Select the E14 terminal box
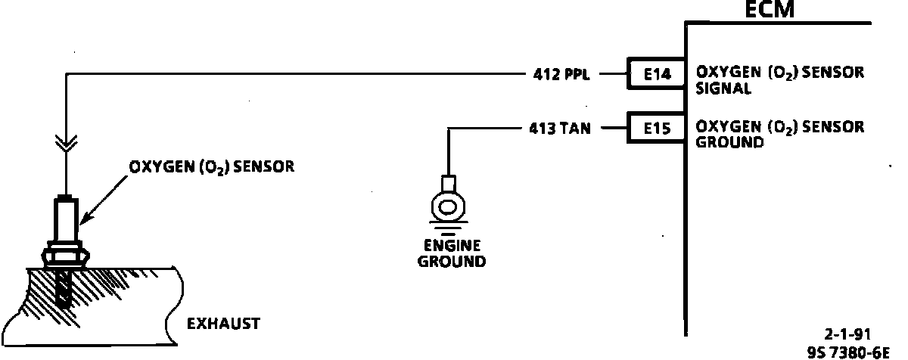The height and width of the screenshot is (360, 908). pyautogui.click(x=655, y=74)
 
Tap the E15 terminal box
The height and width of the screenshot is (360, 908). pyautogui.click(x=655, y=129)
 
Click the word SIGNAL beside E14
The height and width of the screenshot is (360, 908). pyautogui.click(x=723, y=88)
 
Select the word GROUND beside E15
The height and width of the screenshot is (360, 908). pyautogui.click(x=729, y=142)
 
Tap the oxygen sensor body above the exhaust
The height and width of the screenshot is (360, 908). pyautogui.click(x=67, y=219)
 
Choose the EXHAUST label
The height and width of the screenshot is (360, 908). pyautogui.click(x=223, y=324)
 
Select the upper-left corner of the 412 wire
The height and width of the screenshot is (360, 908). pyautogui.click(x=67, y=74)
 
